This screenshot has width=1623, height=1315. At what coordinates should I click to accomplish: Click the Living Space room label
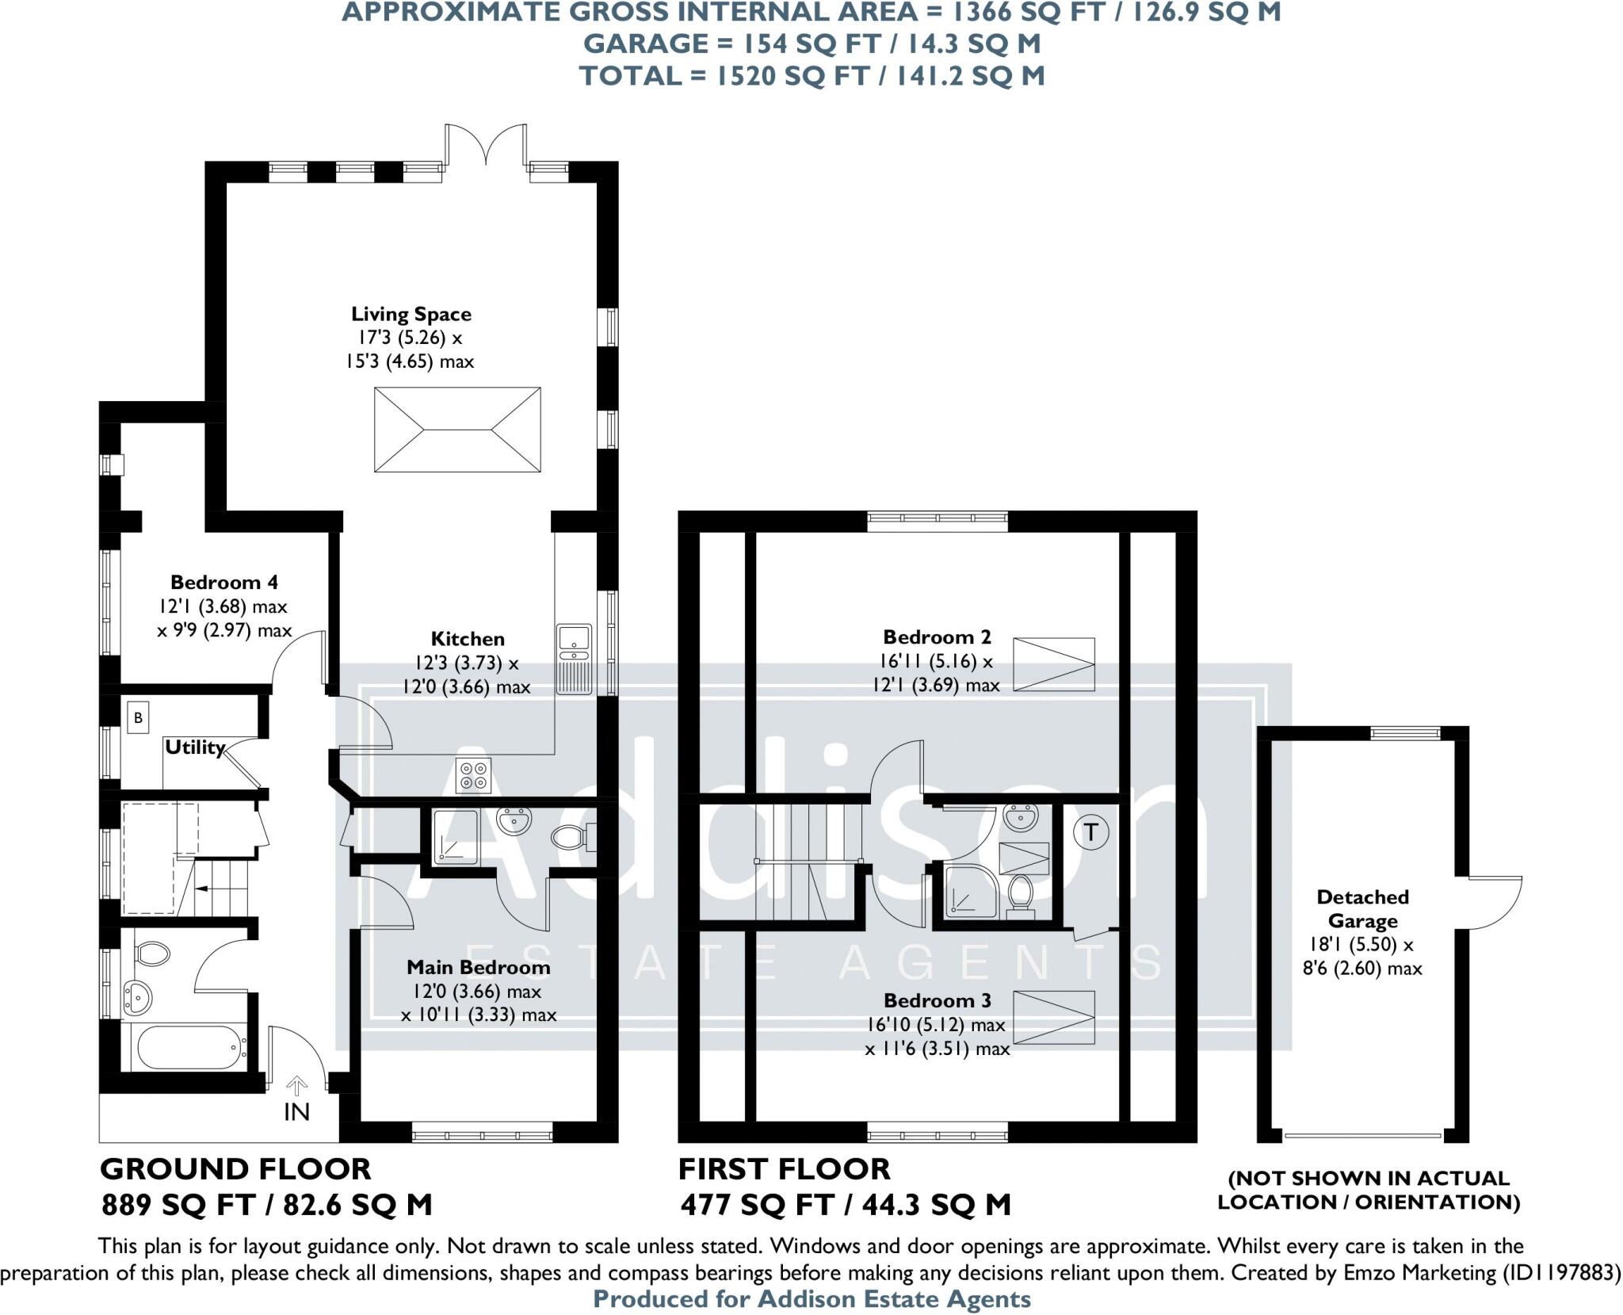click(x=411, y=315)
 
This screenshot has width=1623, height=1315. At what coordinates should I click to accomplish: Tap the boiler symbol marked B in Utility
click(x=139, y=718)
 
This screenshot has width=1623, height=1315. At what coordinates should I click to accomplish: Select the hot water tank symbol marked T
click(x=1090, y=832)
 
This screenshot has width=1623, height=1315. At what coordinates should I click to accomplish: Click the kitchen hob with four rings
click(x=474, y=774)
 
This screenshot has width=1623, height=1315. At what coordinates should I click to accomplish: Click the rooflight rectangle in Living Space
click(x=457, y=430)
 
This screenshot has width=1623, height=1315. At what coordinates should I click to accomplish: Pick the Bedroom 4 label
click(x=224, y=583)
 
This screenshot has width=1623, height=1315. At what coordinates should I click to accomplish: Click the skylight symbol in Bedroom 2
click(x=1054, y=664)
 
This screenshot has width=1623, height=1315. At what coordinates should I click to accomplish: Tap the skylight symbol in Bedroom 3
click(x=1054, y=1018)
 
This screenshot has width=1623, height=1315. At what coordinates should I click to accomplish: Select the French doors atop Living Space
click(x=486, y=147)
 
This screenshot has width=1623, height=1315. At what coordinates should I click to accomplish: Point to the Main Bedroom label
click(x=478, y=967)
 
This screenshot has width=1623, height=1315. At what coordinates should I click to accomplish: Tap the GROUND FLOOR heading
click(x=235, y=1169)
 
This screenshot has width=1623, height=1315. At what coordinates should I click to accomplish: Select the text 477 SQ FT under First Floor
click(x=756, y=1206)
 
